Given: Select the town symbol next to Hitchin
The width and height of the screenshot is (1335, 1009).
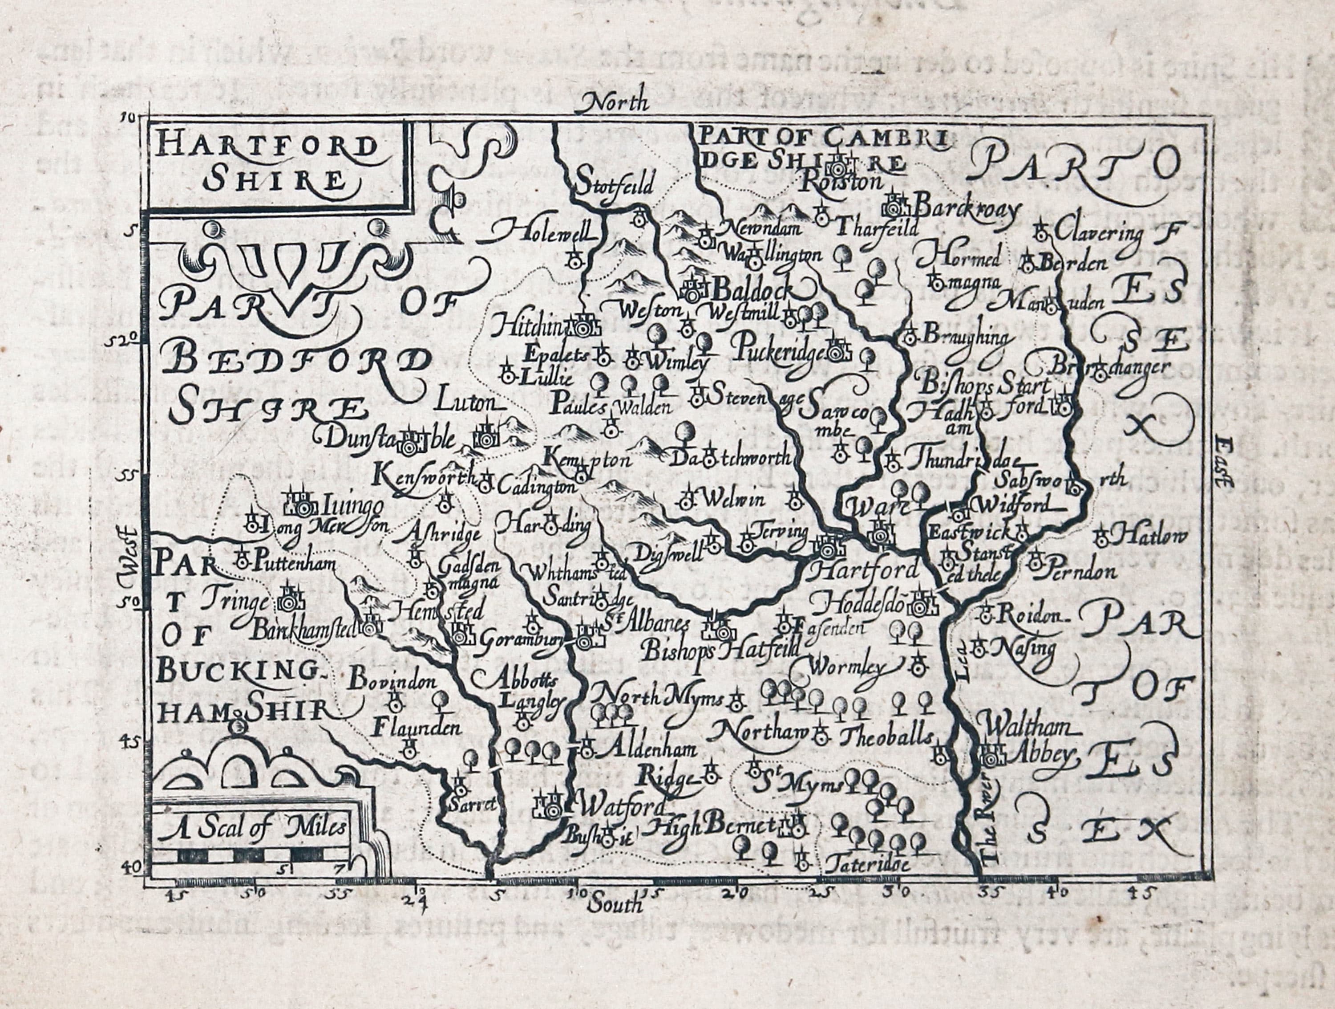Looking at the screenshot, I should tap(583, 326).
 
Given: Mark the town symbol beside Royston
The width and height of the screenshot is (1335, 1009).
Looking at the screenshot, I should tap(840, 163).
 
